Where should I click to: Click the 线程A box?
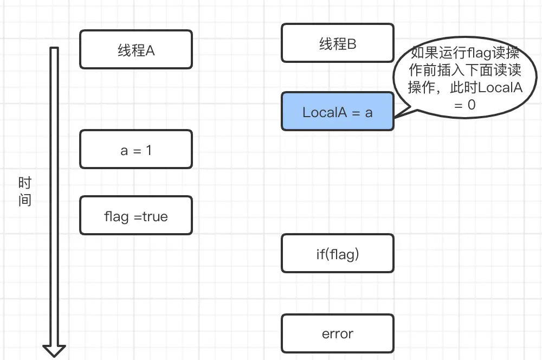tap(135, 49)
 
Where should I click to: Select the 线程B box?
tap(337, 43)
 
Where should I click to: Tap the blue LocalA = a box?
tap(337, 112)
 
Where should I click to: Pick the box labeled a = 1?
tap(135, 149)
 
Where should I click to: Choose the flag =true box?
tap(135, 216)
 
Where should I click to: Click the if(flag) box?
tap(337, 253)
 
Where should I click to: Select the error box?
tap(337, 333)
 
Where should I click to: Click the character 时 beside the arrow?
tap(25, 183)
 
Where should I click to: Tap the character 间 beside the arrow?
tap(25, 200)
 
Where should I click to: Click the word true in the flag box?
tap(155, 216)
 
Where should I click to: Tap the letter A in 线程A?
tap(150, 50)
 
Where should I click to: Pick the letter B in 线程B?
tap(351, 44)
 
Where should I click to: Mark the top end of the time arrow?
tap(54, 49)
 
